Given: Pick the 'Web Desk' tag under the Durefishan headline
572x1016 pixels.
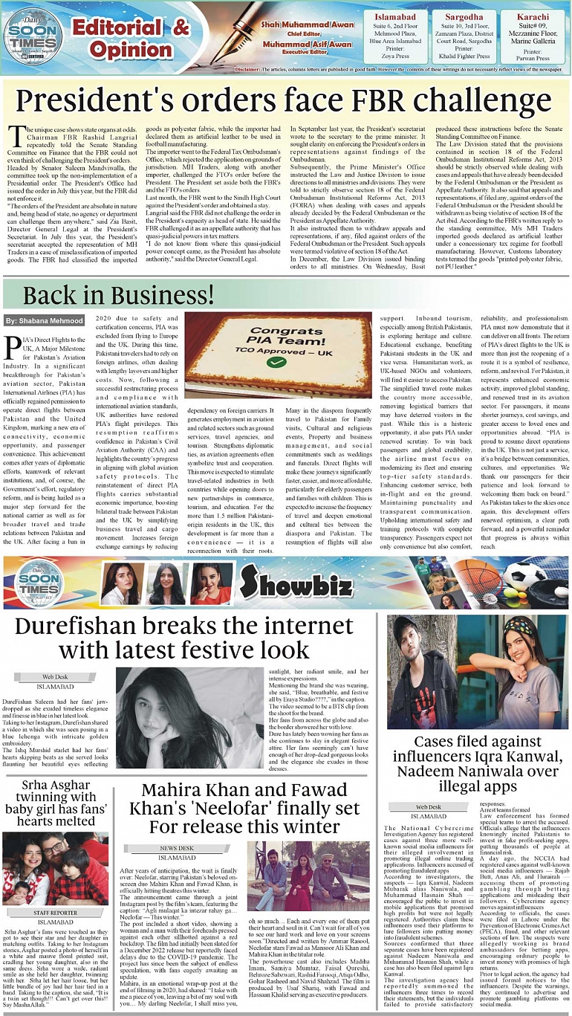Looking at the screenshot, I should click(x=56, y=677).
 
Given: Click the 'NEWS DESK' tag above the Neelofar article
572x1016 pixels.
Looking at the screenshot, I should click(x=178, y=847).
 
